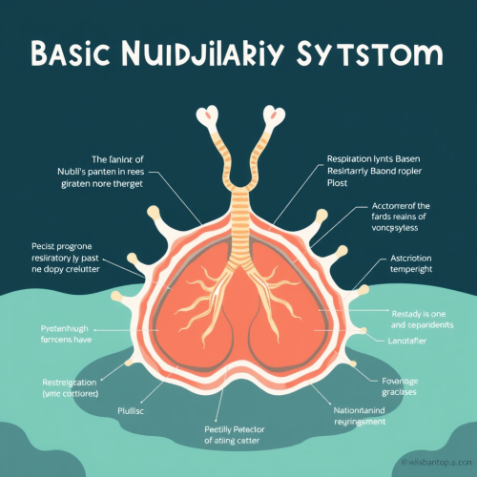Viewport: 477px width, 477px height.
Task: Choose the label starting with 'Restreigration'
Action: tap(58, 386)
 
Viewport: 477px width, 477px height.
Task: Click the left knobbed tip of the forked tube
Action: tap(207, 117)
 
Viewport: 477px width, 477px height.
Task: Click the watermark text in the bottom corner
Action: tap(434, 462)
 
